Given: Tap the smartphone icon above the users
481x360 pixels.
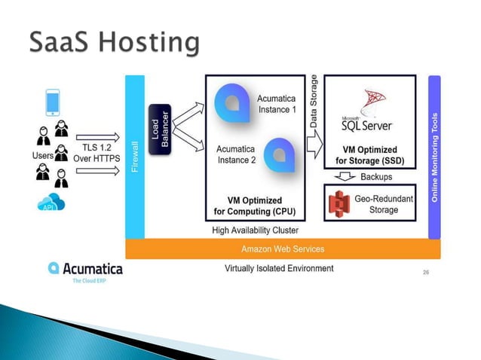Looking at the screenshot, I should (x=53, y=102).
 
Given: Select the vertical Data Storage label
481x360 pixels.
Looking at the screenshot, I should (x=314, y=105).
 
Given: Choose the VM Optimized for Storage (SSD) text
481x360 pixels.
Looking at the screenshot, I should (x=370, y=155).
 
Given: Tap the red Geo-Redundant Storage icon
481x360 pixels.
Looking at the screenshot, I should (x=340, y=203).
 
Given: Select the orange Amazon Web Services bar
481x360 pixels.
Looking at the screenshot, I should (x=282, y=249).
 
